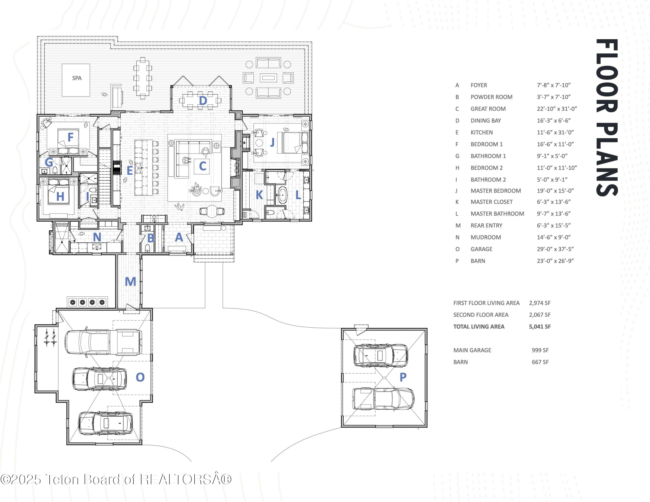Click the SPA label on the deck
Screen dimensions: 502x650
(x=77, y=78)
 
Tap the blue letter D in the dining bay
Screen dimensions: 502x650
(x=203, y=100)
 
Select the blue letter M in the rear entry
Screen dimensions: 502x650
(x=130, y=281)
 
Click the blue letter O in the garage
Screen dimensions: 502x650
(x=140, y=377)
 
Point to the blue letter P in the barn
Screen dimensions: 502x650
(x=403, y=377)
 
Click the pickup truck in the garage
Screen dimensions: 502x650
(x=103, y=342)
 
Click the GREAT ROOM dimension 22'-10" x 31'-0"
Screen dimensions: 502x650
(x=557, y=109)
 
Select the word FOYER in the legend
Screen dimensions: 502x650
(x=479, y=85)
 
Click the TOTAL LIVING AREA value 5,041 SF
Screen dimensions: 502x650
(x=539, y=327)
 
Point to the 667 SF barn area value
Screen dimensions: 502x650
(x=540, y=362)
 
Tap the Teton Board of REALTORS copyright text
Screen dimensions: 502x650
(x=116, y=479)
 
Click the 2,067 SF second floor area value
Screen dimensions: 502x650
(x=539, y=315)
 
